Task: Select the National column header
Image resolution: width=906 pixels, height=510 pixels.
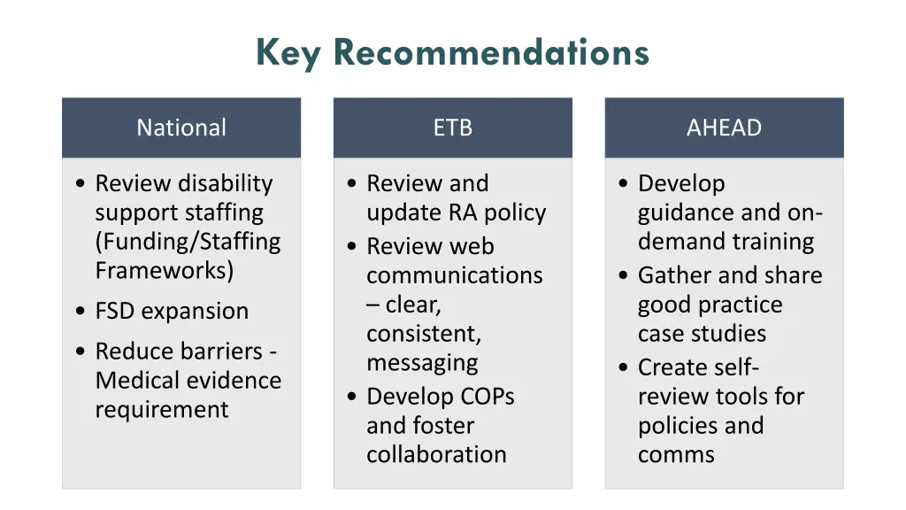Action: pyautogui.click(x=181, y=127)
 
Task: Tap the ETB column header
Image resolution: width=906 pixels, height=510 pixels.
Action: pyautogui.click(x=453, y=127)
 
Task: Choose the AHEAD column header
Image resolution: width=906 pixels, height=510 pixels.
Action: pyautogui.click(x=724, y=127)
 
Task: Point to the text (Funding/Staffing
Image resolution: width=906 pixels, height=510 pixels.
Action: pyautogui.click(x=188, y=242)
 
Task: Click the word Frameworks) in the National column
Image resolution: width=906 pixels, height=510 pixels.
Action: pyautogui.click(x=165, y=270)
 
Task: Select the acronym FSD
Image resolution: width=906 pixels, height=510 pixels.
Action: pyautogui.click(x=116, y=312)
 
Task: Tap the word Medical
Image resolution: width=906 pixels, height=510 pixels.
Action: pyautogui.click(x=140, y=381)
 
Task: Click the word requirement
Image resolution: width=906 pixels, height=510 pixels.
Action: pyautogui.click(x=162, y=410)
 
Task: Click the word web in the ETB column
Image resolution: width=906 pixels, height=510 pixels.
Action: pyautogui.click(x=473, y=246)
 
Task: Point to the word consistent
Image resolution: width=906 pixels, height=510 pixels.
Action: pyautogui.click(x=424, y=334)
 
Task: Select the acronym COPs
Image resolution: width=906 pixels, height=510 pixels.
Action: pyautogui.click(x=482, y=396)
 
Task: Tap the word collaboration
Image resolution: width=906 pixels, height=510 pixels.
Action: pyautogui.click(x=436, y=454)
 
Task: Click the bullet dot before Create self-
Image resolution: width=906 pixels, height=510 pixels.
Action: pyautogui.click(x=626, y=367)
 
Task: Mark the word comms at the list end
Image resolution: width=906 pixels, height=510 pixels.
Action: pyautogui.click(x=676, y=455)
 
